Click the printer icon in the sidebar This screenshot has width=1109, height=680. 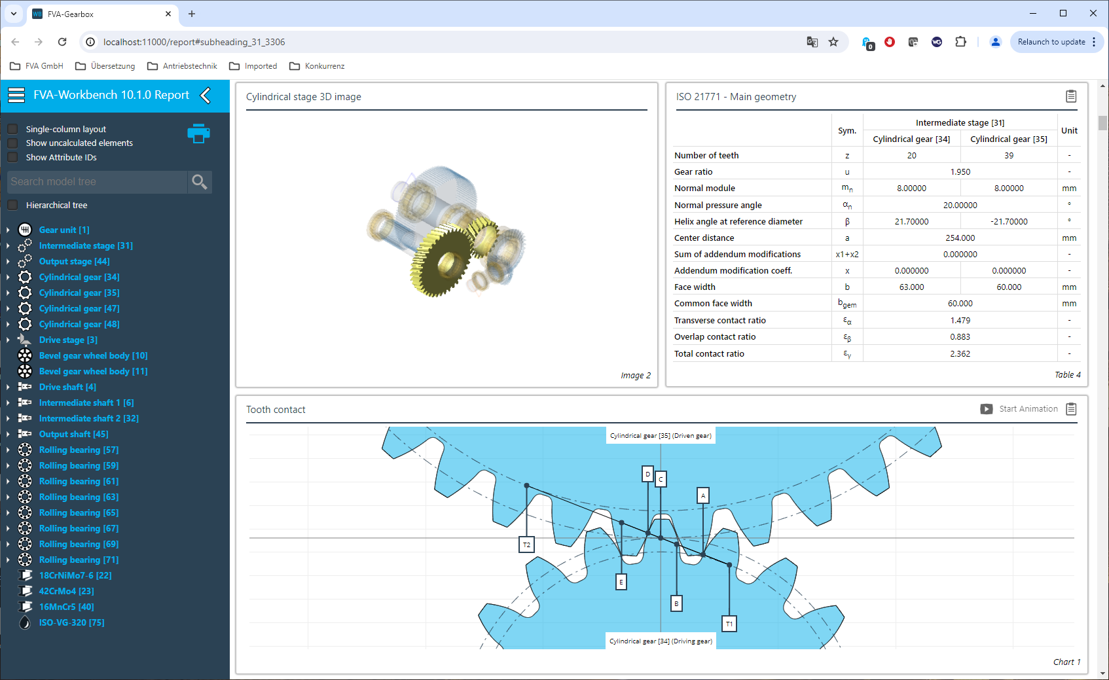[198, 134]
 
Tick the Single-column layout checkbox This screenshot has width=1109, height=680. [13, 129]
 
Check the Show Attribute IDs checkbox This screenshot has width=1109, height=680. [13, 157]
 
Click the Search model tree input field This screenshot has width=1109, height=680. [98, 182]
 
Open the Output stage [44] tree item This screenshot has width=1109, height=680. [74, 261]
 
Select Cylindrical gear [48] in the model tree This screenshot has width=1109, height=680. [79, 324]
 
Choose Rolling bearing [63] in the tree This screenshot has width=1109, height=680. [79, 497]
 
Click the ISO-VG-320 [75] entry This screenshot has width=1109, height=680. [72, 622]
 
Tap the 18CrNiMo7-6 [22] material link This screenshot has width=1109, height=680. [75, 575]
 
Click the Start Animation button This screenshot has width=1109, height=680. [1019, 409]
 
